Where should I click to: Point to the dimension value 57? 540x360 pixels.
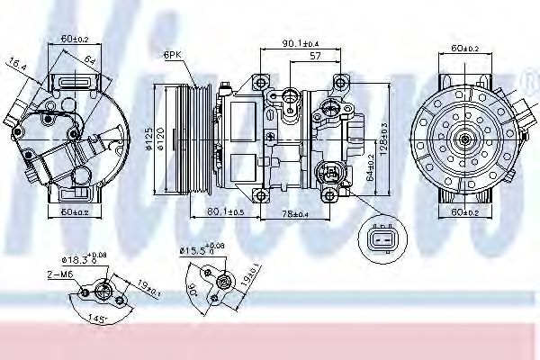pyautogui.click(x=316, y=56)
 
